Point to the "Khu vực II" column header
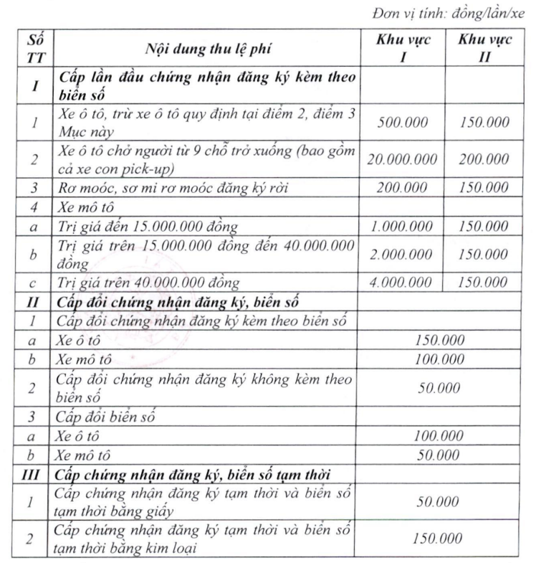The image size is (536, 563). (x=485, y=49)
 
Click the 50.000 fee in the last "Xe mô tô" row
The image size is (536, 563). (x=438, y=454)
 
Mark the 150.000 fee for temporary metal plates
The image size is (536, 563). (x=438, y=537)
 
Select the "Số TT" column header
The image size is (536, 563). (x=32, y=49)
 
